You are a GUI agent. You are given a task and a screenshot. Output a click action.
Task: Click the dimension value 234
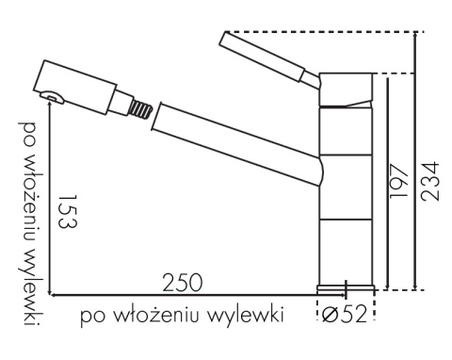pyautogui.click(x=429, y=181)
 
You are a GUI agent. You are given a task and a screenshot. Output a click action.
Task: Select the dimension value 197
pyautogui.click(x=398, y=181)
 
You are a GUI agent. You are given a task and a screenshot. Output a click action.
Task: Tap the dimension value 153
pyautogui.click(x=68, y=211)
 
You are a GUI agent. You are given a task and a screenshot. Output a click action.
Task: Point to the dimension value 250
pyautogui.click(x=183, y=283)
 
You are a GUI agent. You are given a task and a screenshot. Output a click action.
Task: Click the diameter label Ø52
pyautogui.click(x=345, y=314)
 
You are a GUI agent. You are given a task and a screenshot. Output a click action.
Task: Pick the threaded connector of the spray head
pyautogui.click(x=140, y=109)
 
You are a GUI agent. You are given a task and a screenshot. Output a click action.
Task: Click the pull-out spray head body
pyautogui.click(x=75, y=87)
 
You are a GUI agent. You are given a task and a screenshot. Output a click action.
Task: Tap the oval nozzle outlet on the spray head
pyautogui.click(x=52, y=97)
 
